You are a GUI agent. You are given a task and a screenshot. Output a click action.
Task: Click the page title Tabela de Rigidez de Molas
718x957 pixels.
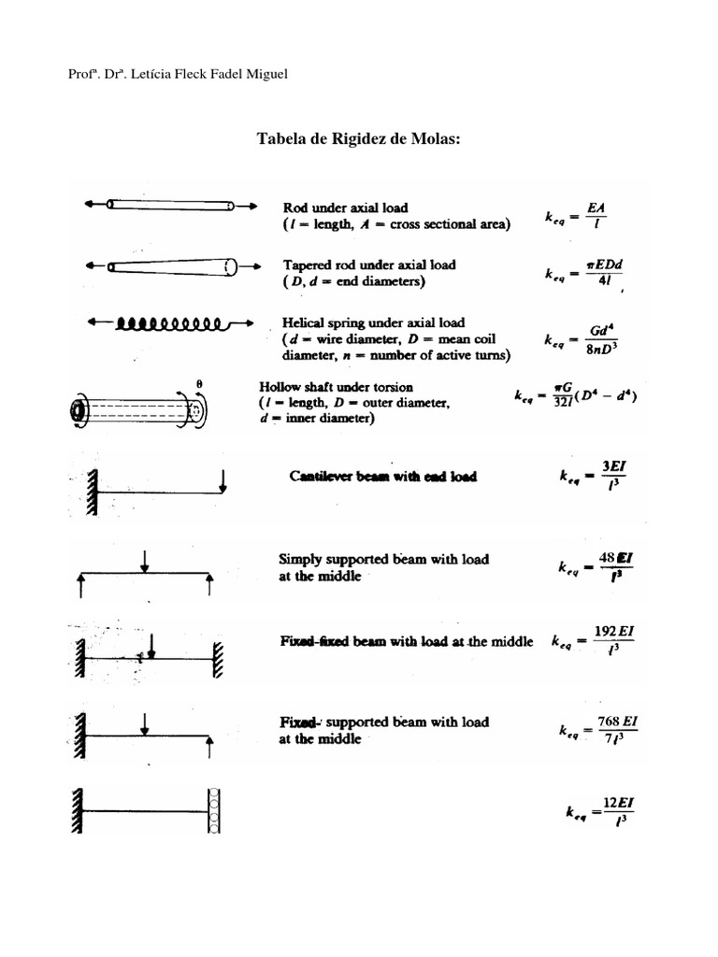pyautogui.click(x=359, y=139)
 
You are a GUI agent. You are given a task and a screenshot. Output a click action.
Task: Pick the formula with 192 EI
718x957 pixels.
pyautogui.click(x=594, y=642)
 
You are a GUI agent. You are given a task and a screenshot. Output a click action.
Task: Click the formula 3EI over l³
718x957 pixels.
pyautogui.click(x=589, y=476)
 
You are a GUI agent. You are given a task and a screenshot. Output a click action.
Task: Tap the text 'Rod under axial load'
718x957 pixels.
pyautogui.click(x=345, y=207)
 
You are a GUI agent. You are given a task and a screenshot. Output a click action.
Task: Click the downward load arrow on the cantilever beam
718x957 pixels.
pyautogui.click(x=223, y=479)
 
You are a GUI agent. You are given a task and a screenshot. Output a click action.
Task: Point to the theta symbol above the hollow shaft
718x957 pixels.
pyautogui.click(x=200, y=382)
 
